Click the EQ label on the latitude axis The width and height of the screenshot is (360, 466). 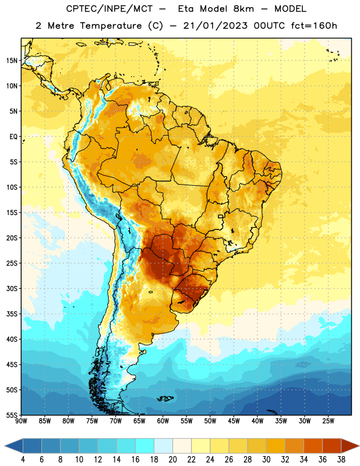pos(13,137)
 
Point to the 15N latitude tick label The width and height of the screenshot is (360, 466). pos(12,61)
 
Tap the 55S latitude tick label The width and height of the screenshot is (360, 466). pos(12,415)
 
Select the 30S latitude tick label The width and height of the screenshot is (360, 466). pos(12,288)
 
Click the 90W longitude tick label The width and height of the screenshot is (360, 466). pos(21,421)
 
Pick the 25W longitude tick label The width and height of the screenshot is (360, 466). pos(328,421)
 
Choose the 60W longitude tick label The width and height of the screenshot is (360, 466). pos(163,421)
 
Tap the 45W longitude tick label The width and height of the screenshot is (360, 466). pos(234,421)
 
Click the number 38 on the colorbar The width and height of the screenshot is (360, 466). pos(341,460)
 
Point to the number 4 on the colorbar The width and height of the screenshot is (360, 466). pos(23,460)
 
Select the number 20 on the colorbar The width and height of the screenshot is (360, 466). pos(172,460)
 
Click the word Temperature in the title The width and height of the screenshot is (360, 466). pos(111,26)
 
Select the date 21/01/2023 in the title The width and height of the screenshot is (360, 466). pos(215,26)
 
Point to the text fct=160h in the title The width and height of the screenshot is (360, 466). pos(314,26)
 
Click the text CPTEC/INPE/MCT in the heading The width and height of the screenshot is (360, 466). pos(110,9)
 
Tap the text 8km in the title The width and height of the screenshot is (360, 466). pos(243,9)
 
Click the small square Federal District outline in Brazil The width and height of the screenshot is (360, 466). pos(221,216)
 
